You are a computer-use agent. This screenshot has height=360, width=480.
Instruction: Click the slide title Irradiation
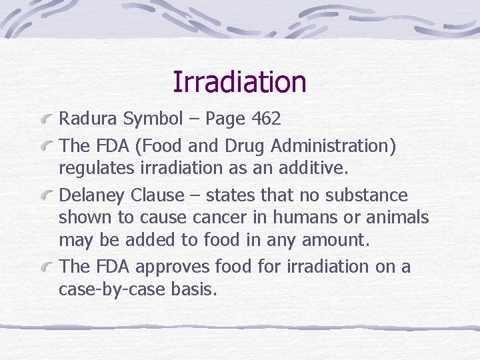tap(239, 83)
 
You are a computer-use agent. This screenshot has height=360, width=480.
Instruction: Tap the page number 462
tap(267, 119)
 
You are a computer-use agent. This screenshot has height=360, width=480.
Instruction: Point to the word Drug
tap(229, 146)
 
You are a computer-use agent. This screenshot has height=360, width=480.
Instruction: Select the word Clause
tap(159, 195)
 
